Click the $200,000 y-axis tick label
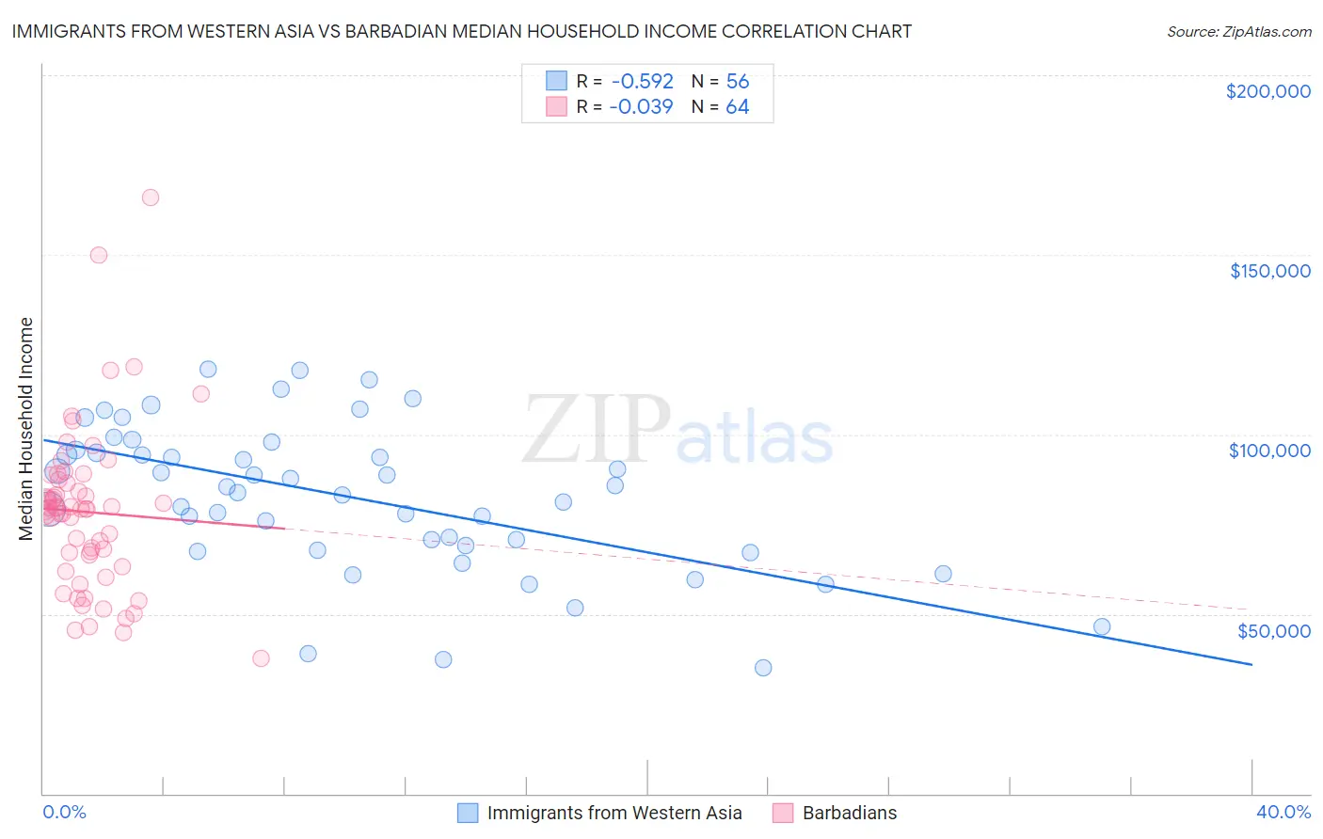[1267, 91]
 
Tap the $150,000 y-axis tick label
[1269, 271]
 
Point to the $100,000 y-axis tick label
[1269, 451]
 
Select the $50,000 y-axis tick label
[1273, 630]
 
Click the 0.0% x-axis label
[64, 812]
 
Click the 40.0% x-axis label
[1283, 812]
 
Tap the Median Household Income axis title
[25, 429]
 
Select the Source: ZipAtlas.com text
[1238, 31]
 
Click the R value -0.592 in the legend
[641, 81]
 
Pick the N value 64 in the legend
[737, 106]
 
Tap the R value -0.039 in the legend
[641, 106]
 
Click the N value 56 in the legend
[737, 81]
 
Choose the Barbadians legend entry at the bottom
[849, 813]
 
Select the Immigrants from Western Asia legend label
[614, 813]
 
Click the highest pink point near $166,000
[151, 198]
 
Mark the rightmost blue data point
[1102, 626]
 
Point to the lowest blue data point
[763, 668]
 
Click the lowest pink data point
[262, 658]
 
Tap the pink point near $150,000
[99, 255]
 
